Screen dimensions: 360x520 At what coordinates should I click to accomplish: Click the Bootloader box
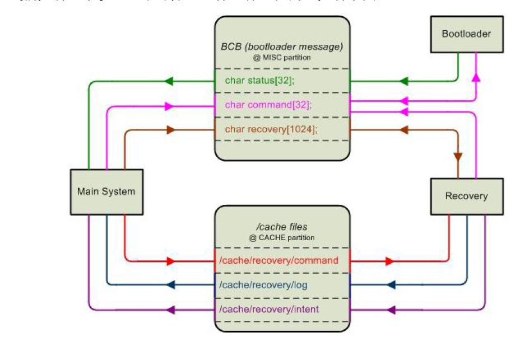point(466,34)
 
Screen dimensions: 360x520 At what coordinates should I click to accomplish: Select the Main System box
point(106,191)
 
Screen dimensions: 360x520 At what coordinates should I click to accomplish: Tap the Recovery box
point(466,196)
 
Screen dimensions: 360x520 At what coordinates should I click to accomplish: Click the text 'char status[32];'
point(259,81)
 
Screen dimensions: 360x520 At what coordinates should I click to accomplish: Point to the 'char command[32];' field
point(268,105)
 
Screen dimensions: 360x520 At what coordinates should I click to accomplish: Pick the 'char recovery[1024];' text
point(271,129)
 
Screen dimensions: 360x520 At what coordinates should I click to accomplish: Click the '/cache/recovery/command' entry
point(278,260)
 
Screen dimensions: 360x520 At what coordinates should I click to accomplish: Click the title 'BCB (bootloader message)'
point(281,46)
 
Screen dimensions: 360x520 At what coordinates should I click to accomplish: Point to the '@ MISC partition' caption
point(281,57)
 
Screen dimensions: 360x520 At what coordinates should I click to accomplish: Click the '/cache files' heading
point(281,227)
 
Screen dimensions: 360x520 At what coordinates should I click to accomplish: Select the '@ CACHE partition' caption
point(281,237)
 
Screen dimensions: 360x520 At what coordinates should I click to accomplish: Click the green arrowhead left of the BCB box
point(168,81)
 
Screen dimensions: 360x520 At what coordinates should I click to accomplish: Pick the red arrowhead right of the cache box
point(389,261)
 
